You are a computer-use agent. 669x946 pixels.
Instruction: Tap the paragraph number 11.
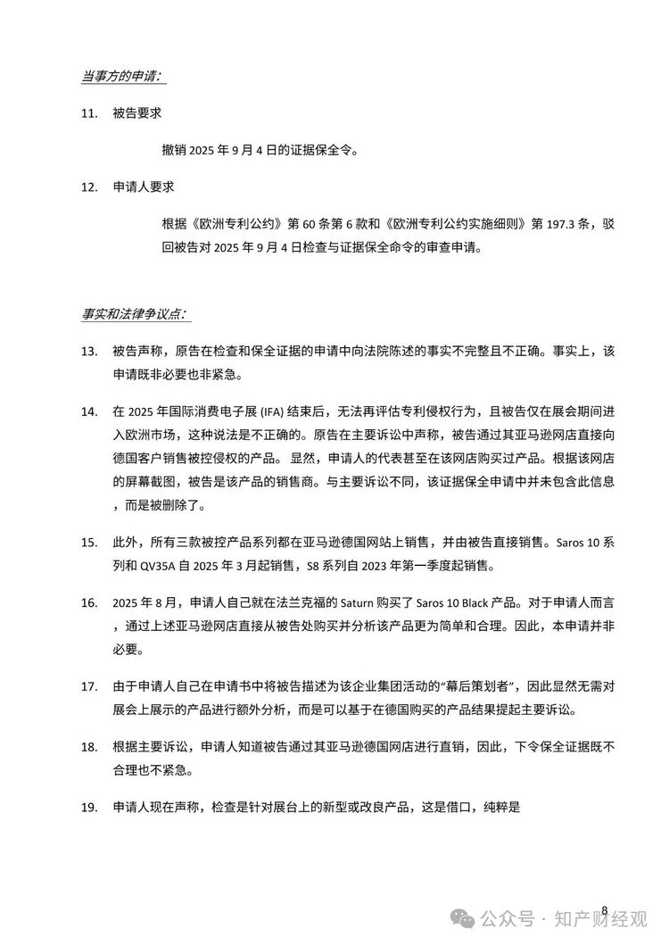pos(87,114)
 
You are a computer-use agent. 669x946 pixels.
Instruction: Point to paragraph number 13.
pos(87,351)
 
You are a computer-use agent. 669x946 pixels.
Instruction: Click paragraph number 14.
pos(87,411)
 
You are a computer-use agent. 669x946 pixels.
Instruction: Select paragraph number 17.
pos(87,687)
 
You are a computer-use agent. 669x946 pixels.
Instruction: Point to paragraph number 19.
pos(87,808)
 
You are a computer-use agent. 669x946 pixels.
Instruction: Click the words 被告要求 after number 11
pos(136,114)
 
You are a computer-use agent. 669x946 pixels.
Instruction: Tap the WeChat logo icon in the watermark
pos(464,917)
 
